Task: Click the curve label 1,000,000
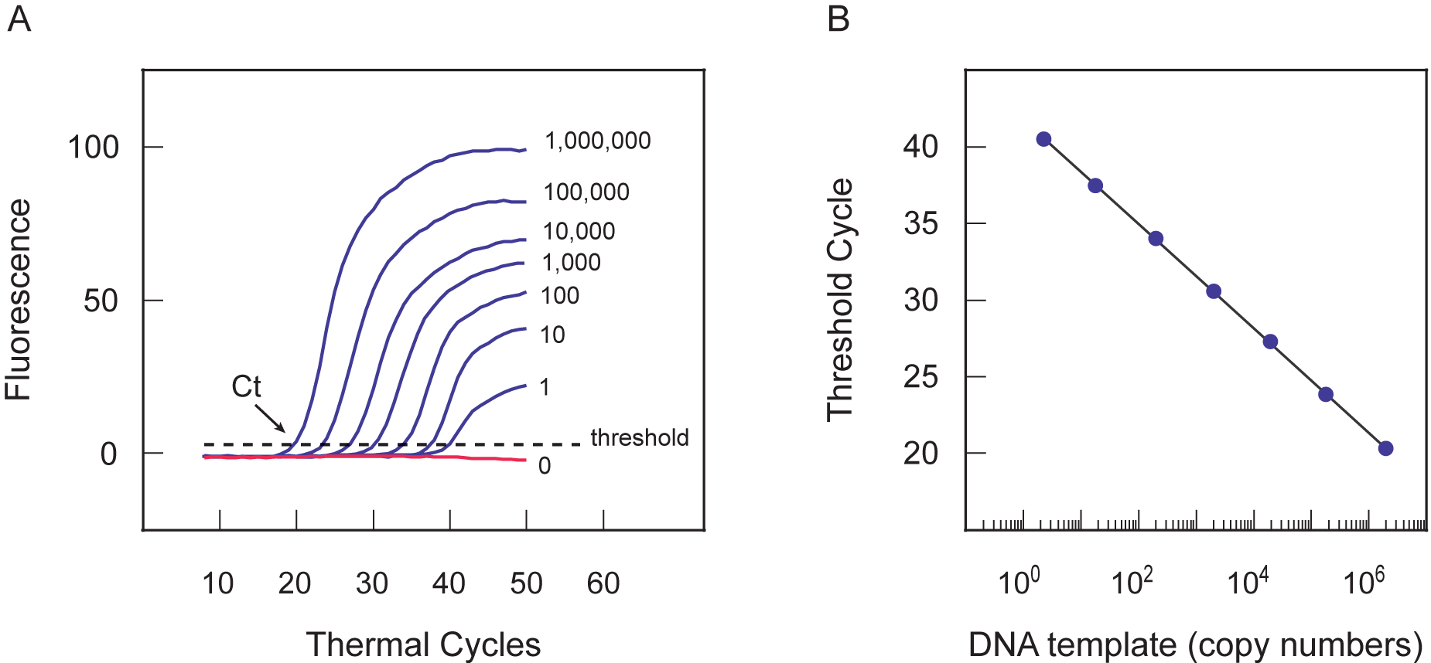click(597, 141)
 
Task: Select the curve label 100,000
click(586, 192)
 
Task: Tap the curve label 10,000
click(579, 231)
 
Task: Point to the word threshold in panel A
click(639, 437)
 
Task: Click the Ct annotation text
click(246, 386)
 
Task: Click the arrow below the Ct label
click(270, 418)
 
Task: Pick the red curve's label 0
click(545, 465)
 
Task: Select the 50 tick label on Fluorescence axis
click(101, 301)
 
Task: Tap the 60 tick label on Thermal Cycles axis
click(603, 583)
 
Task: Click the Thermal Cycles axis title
click(423, 644)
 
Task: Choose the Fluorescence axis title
click(19, 300)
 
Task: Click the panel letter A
click(19, 19)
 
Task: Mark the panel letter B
click(838, 19)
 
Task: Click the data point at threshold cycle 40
click(1043, 139)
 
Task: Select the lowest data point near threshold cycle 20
click(1385, 448)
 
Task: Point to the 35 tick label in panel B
click(920, 224)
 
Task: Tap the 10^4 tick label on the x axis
click(1248, 581)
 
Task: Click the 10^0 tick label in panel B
click(1019, 581)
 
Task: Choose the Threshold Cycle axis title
click(840, 300)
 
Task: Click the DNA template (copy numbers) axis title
click(1195, 644)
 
